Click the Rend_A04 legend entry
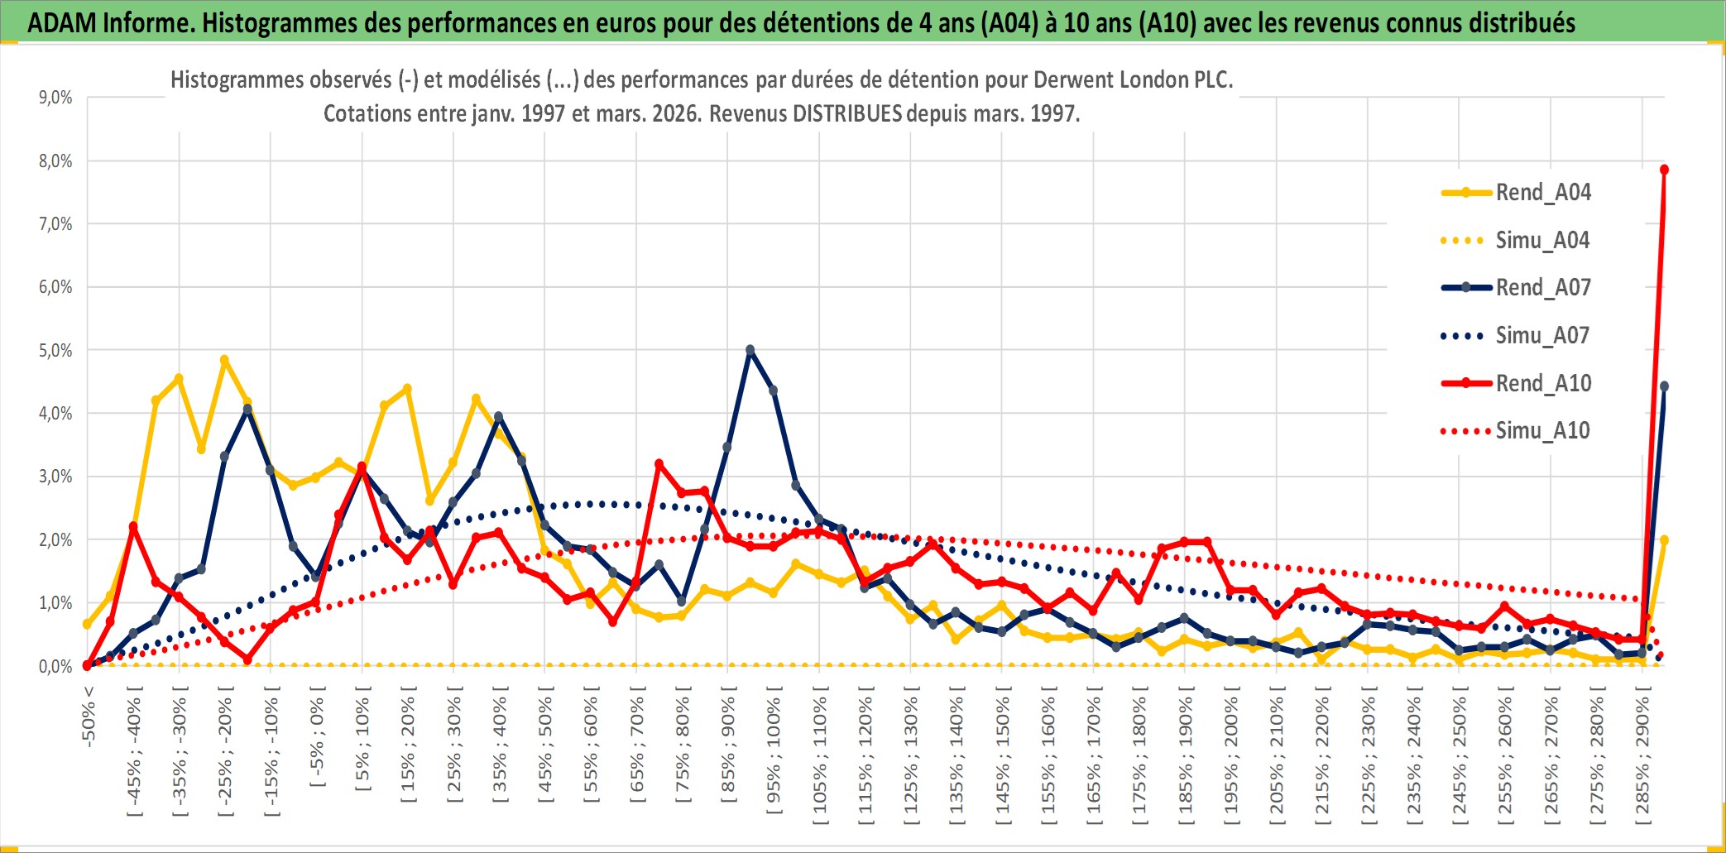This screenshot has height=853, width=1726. tap(1542, 193)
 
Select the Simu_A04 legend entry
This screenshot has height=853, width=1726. tap(1542, 241)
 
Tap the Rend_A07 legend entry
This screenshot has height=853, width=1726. tap(1542, 288)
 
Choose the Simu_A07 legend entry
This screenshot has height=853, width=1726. tap(1542, 336)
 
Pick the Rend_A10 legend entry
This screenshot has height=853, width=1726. tap(1542, 383)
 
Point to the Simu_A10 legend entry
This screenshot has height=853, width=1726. tap(1542, 430)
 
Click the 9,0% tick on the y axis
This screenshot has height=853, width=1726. tap(55, 98)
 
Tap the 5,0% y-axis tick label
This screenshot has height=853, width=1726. tap(55, 350)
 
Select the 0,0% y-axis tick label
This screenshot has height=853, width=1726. tap(55, 666)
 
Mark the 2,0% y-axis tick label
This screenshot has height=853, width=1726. tap(55, 539)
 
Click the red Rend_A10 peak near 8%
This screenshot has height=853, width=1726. tap(1664, 170)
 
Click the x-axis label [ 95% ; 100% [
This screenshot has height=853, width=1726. tap(774, 756)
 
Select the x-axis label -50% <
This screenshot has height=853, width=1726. tap(89, 716)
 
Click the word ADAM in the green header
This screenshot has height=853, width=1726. tap(61, 23)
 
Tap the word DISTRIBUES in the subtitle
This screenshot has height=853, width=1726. tap(846, 113)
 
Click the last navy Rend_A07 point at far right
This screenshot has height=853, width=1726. tap(1664, 386)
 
